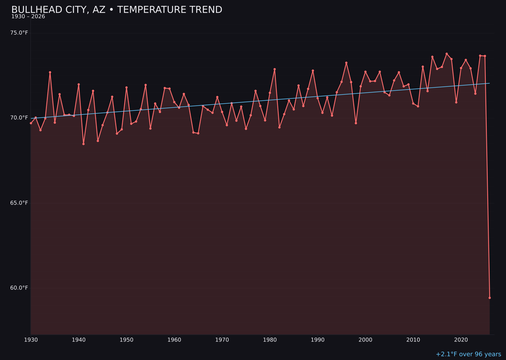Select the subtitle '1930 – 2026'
[x=28, y=16]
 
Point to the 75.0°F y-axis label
[x=19, y=33]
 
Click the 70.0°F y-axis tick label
[x=19, y=118]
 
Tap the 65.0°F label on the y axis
[x=19, y=203]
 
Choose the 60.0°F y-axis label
[x=19, y=288]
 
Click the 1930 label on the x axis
[x=31, y=340]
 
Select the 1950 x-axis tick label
[x=126, y=340]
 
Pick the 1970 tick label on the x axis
[x=222, y=340]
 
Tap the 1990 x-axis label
[x=318, y=340]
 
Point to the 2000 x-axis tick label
[x=365, y=340]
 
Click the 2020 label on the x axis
[x=461, y=340]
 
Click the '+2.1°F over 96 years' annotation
[x=468, y=354]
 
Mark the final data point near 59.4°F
[x=490, y=298]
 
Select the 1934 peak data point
[x=50, y=73]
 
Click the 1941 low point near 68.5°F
[x=83, y=144]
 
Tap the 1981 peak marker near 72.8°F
[x=275, y=69]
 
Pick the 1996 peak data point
[x=346, y=63]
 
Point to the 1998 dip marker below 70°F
[x=356, y=123]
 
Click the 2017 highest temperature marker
[x=446, y=54]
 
